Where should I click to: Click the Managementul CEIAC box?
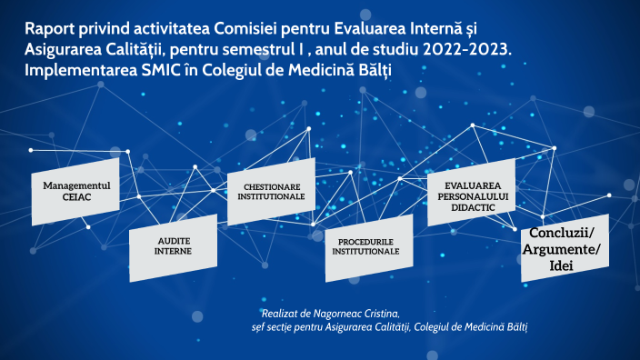(x=75, y=190)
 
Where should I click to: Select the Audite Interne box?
(x=173, y=245)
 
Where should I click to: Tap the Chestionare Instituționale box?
(x=271, y=191)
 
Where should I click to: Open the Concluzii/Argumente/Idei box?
(x=565, y=248)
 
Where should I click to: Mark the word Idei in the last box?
(x=565, y=264)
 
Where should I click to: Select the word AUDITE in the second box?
(x=173, y=239)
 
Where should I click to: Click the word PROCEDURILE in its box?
(x=368, y=241)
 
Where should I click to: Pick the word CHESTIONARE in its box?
(x=271, y=185)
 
